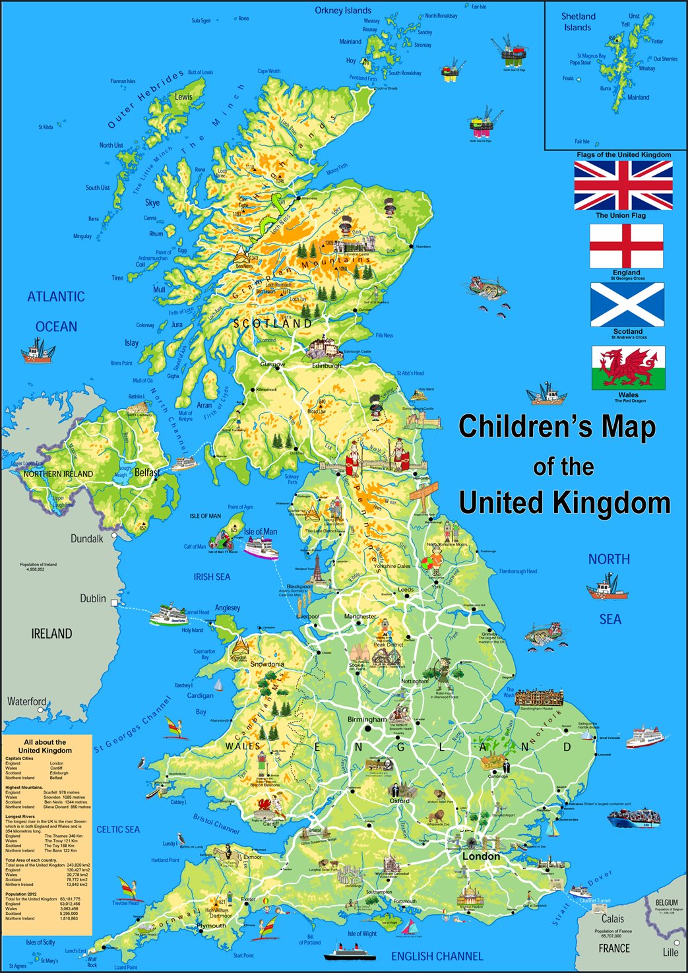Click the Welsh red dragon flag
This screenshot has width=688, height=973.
pyautogui.click(x=628, y=368)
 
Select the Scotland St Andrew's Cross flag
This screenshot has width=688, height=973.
pyautogui.click(x=627, y=305)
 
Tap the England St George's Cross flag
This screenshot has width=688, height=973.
pyautogui.click(x=626, y=245)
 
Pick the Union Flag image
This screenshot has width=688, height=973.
pyautogui.click(x=623, y=185)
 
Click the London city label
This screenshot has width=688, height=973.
pyautogui.click(x=481, y=856)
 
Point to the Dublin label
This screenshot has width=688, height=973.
pyautogui.click(x=92, y=598)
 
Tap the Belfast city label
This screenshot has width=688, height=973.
pyautogui.click(x=147, y=472)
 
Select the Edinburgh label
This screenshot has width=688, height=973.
pyautogui.click(x=327, y=365)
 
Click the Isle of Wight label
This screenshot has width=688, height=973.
pyautogui.click(x=362, y=933)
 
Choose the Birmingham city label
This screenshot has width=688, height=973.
pyautogui.click(x=367, y=719)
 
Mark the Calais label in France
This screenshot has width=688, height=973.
pyautogui.click(x=613, y=919)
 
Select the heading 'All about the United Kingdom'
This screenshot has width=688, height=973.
pyautogui.click(x=45, y=746)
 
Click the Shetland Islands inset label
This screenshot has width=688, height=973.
pyautogui.click(x=578, y=22)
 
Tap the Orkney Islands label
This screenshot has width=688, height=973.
pyautogui.click(x=343, y=11)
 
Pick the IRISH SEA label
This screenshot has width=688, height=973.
pyautogui.click(x=212, y=577)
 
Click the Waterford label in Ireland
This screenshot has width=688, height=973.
pyautogui.click(x=27, y=701)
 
